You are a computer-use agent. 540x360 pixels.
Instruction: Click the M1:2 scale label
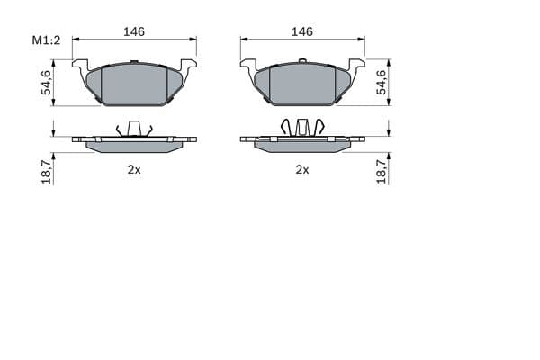click(x=46, y=40)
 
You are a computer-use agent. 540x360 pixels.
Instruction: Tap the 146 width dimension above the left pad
click(x=134, y=31)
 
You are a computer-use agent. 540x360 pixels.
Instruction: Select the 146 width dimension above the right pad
click(x=302, y=31)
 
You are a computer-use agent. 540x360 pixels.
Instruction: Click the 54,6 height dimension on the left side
click(x=46, y=83)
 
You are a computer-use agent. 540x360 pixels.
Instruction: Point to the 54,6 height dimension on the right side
click(x=382, y=82)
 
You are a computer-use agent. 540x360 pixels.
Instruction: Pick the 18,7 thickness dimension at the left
click(x=46, y=171)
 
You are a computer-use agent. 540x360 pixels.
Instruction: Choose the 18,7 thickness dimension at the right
click(x=382, y=171)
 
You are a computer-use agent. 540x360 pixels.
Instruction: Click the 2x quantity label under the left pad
click(x=134, y=169)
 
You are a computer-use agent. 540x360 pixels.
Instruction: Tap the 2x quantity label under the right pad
click(x=302, y=169)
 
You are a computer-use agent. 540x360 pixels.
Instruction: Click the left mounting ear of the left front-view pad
click(x=80, y=65)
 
